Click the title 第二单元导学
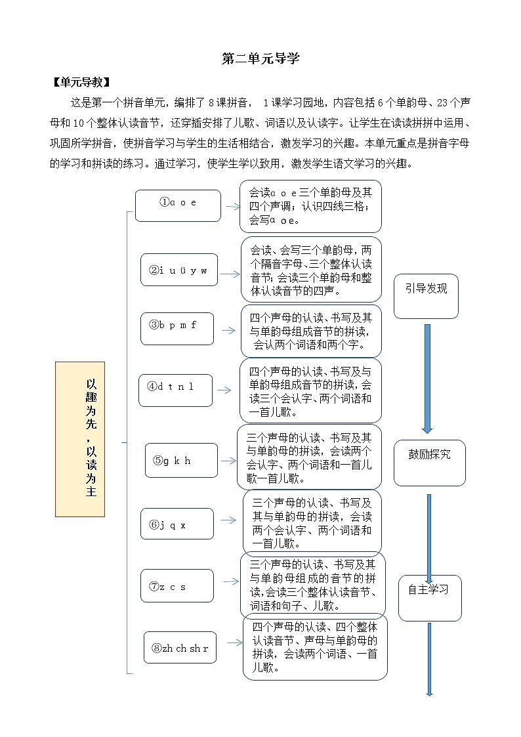260,58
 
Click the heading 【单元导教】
80,82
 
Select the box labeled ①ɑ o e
178,205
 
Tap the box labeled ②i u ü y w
178,270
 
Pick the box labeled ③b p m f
177,329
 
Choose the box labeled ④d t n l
175,390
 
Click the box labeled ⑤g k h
180,460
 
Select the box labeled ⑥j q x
177,524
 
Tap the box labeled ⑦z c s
177,585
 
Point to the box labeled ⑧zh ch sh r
180,647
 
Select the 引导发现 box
426,296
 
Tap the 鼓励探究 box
429,463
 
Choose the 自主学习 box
429,598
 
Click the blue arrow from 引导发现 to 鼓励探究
427,378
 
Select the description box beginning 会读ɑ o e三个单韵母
310,206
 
